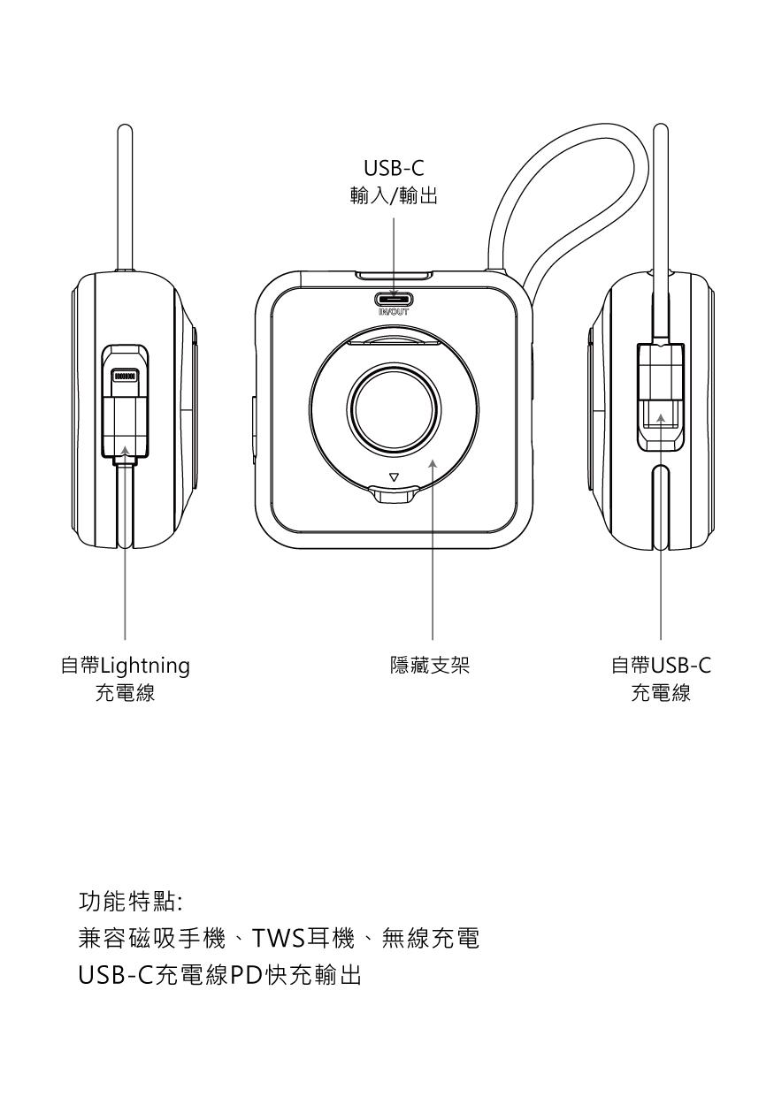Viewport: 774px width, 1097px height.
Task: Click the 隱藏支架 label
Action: coord(433,666)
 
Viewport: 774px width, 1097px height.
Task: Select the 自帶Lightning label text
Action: coord(125,666)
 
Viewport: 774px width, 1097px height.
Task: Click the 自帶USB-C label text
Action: coord(661,666)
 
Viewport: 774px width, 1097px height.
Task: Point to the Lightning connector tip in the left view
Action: coord(125,376)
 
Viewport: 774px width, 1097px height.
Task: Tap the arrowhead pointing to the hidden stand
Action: coord(433,462)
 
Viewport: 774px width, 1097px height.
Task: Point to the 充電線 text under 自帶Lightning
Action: coord(125,693)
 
